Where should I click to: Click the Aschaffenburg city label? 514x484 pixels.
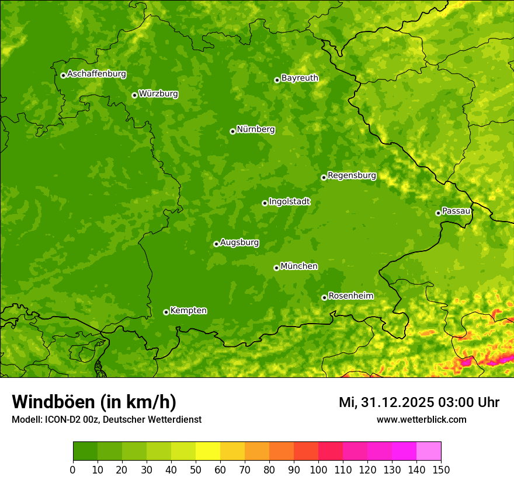point(96,74)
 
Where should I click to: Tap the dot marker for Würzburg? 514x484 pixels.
point(134,95)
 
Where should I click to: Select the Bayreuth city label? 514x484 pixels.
point(300,78)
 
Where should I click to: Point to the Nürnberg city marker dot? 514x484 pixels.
point(232,131)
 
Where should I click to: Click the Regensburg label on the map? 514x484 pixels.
point(352,176)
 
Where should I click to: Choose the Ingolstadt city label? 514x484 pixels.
point(289,202)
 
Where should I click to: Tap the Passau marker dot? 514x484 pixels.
point(438,213)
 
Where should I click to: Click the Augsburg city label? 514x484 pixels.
point(239,243)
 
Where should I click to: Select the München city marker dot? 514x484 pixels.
point(276,268)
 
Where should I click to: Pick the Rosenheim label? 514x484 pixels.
point(350,296)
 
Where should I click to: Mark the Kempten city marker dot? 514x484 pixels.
point(166,312)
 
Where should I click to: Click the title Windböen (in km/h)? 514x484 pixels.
point(93,402)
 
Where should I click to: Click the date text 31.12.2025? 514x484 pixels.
point(397,402)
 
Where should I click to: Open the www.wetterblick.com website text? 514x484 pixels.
point(421,420)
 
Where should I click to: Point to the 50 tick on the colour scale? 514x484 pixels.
point(196,470)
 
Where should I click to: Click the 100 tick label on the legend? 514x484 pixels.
point(318,470)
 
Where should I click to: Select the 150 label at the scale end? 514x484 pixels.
point(441,470)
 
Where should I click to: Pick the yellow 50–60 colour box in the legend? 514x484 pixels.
point(208,451)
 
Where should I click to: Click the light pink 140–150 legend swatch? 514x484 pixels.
point(429,451)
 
